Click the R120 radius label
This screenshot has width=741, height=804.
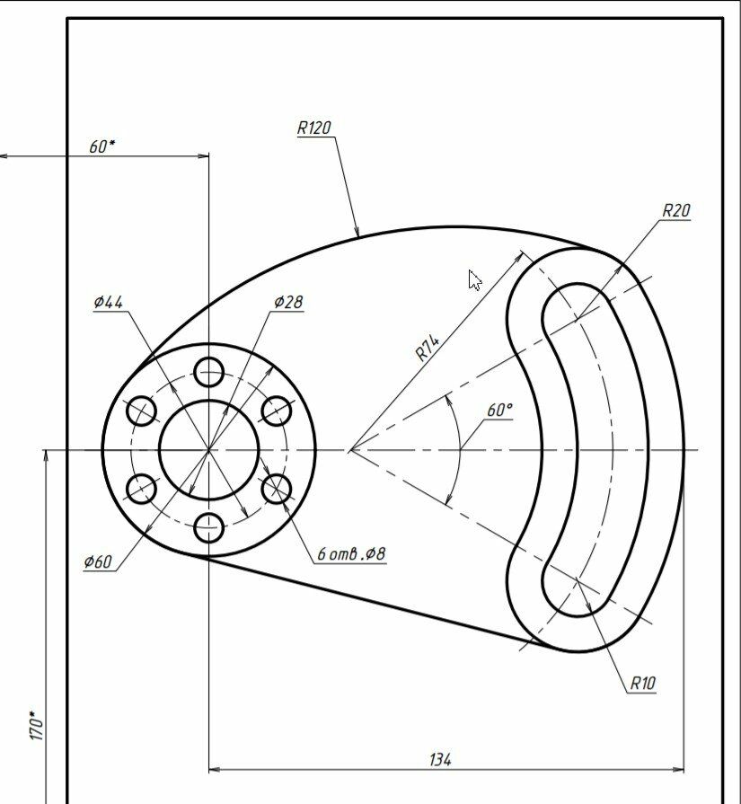[x=314, y=128]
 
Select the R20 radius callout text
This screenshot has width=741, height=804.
[x=676, y=210]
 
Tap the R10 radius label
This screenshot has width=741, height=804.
[x=642, y=683]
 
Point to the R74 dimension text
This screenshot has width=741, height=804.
[x=427, y=349]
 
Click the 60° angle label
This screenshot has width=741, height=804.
[x=499, y=411]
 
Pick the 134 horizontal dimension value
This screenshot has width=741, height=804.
[x=440, y=759]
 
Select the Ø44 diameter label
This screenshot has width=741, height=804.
[x=108, y=302]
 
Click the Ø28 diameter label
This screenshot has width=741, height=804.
[x=288, y=302]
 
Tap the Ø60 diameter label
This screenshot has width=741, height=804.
[x=97, y=561]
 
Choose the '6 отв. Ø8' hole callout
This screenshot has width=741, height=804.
[x=351, y=553]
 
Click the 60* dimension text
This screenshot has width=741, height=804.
[x=102, y=146]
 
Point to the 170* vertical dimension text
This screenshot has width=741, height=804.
[x=37, y=725]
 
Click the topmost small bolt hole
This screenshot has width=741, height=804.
[x=208, y=372]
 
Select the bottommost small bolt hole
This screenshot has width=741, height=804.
[x=208, y=527]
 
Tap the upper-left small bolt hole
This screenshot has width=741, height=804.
[x=141, y=411]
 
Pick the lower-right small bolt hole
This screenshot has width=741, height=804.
[x=277, y=489]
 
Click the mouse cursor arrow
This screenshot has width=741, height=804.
[x=474, y=280]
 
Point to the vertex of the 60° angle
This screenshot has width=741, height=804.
[x=350, y=450]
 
